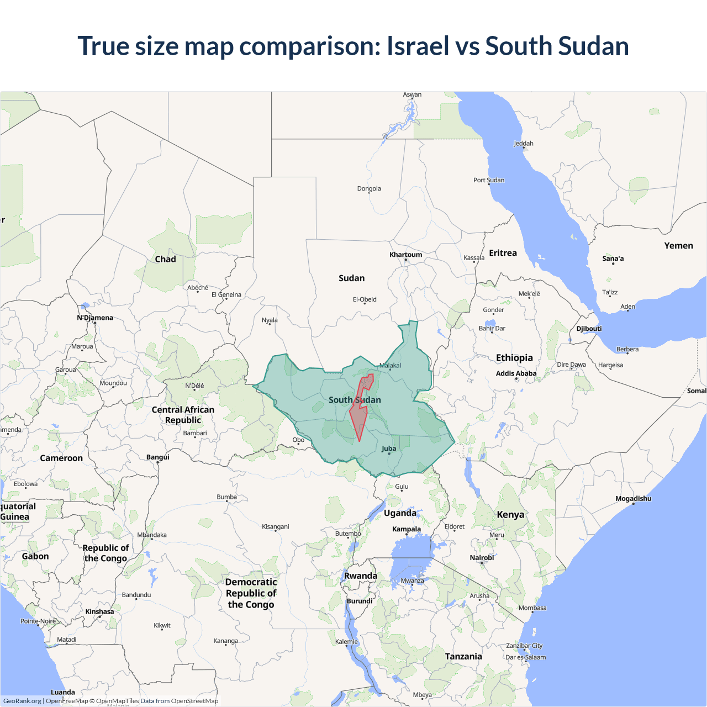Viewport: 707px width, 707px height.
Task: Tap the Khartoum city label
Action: pyautogui.click(x=405, y=255)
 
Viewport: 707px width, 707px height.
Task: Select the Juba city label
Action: pyautogui.click(x=389, y=449)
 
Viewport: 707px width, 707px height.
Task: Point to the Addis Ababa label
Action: pyautogui.click(x=516, y=373)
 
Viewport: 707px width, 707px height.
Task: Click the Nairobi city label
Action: pyautogui.click(x=482, y=557)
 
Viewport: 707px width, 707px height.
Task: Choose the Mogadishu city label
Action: pyautogui.click(x=633, y=498)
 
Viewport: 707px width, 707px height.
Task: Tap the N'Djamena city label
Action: pyautogui.click(x=95, y=318)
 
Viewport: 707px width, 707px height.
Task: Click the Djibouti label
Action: pyautogui.click(x=589, y=329)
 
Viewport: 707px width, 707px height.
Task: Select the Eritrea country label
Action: pyautogui.click(x=503, y=253)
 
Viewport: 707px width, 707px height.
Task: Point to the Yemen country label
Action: pyautogui.click(x=678, y=246)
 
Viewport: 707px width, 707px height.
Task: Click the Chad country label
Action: pyautogui.click(x=165, y=259)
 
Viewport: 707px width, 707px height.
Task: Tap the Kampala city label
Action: pyautogui.click(x=407, y=529)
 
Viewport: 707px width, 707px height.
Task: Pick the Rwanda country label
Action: pyautogui.click(x=361, y=576)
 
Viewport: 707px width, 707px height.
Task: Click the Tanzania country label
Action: pyautogui.click(x=463, y=656)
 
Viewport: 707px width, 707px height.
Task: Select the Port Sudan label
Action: pyautogui.click(x=489, y=180)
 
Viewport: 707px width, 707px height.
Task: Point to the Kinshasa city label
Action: pyautogui.click(x=99, y=611)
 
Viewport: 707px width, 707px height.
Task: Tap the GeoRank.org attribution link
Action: pyautogui.click(x=22, y=701)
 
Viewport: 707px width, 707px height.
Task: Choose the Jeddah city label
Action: pyautogui.click(x=524, y=144)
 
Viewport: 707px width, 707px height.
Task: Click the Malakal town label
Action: pyautogui.click(x=391, y=366)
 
